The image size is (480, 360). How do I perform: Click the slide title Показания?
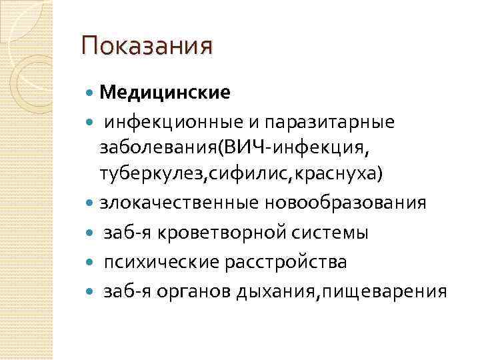pyautogui.click(x=146, y=47)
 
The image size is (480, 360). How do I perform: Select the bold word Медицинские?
pyautogui.click(x=165, y=93)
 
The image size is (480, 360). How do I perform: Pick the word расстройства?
pyautogui.click(x=289, y=261)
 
